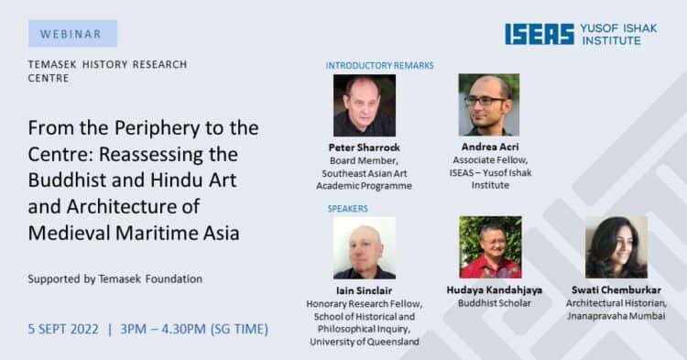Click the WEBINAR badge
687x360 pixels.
click(x=72, y=33)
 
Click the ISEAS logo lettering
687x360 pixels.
click(x=540, y=34)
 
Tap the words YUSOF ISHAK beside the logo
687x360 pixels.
click(x=618, y=28)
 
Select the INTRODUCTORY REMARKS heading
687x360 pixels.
click(x=379, y=66)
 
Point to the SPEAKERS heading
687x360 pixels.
click(x=348, y=209)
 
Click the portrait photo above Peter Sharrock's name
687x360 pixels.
click(x=365, y=105)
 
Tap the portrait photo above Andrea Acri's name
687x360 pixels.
click(x=489, y=104)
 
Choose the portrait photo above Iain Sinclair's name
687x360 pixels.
click(x=365, y=247)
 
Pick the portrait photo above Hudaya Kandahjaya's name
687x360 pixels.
click(x=490, y=247)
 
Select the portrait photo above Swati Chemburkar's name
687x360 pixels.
click(x=616, y=247)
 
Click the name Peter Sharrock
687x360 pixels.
click(x=365, y=147)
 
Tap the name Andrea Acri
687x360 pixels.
click(x=490, y=147)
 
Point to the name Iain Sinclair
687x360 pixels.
click(x=364, y=290)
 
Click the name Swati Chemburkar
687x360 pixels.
click(x=616, y=290)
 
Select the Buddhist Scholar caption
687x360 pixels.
click(x=495, y=303)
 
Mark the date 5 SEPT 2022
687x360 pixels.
click(x=63, y=330)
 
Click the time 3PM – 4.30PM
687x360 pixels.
click(x=163, y=330)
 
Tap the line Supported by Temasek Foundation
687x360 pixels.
click(x=115, y=279)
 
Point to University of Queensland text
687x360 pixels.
click(x=364, y=342)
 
